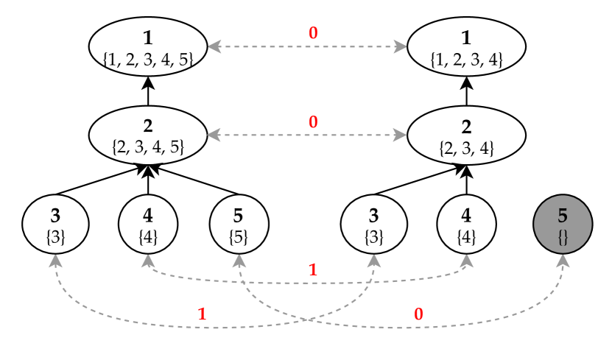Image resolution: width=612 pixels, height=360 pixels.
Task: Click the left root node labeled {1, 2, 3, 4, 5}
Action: (x=148, y=47)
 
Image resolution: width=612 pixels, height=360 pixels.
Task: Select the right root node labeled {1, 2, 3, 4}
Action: (x=466, y=47)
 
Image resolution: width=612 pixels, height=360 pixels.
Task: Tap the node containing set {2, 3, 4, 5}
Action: (x=148, y=135)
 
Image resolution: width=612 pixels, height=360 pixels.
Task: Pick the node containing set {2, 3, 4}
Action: (x=466, y=135)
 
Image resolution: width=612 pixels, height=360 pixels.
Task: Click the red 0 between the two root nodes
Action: (x=313, y=33)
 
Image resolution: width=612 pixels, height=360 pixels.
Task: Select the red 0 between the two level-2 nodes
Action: (x=313, y=122)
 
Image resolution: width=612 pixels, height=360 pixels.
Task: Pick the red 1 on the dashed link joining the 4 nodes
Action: (x=312, y=270)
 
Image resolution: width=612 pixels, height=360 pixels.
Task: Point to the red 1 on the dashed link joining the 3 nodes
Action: (x=202, y=314)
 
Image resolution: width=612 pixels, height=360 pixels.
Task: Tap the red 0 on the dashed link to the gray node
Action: (x=418, y=314)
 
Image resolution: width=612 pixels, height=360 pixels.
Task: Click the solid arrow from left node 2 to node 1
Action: (x=148, y=91)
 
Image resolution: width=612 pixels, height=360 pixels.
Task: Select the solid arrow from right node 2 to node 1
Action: (x=466, y=91)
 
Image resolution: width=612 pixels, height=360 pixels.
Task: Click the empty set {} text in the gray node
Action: (x=563, y=237)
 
